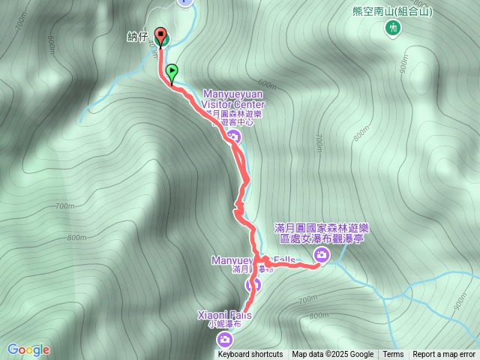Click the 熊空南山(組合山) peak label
click(392, 11)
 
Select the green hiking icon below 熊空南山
click(391, 28)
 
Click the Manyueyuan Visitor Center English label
click(233, 99)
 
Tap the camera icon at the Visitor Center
click(233, 136)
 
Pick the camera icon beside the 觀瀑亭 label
click(321, 255)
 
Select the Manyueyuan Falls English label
click(253, 260)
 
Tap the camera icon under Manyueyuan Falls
click(253, 284)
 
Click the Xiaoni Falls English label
click(224, 316)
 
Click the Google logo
click(28, 349)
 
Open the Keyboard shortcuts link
click(250, 355)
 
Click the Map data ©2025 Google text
click(332, 355)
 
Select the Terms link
click(393, 355)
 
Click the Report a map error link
click(444, 355)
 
